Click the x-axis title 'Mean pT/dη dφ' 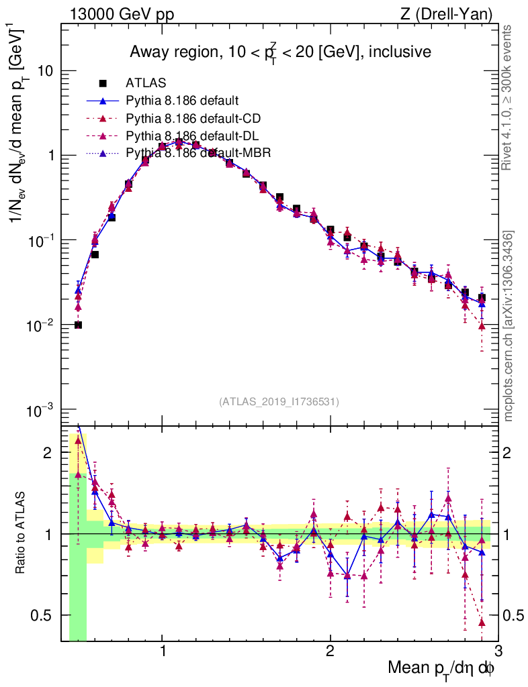click(441, 668)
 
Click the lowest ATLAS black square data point click(78, 325)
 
